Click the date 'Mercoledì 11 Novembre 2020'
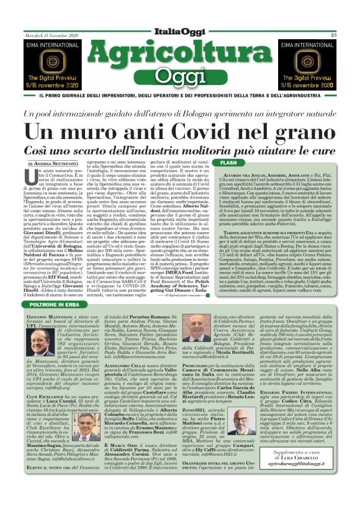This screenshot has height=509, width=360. [52, 35]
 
